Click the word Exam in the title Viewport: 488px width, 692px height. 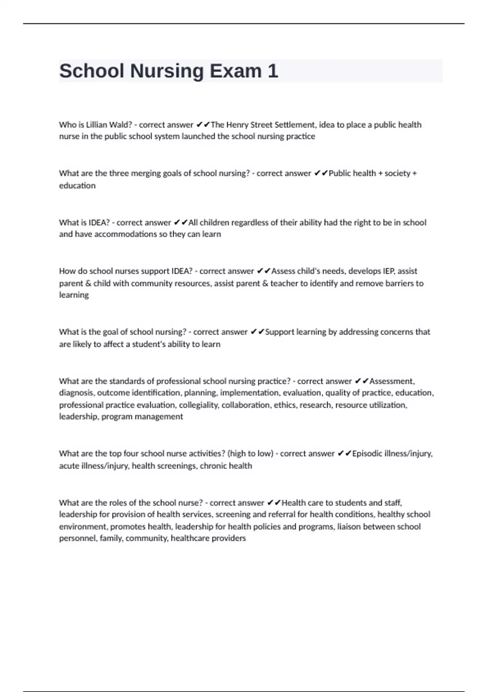235,71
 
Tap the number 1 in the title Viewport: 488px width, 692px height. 273,71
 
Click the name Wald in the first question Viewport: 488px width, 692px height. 121,125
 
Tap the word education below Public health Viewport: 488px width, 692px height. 77,186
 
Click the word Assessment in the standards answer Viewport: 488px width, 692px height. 392,381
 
